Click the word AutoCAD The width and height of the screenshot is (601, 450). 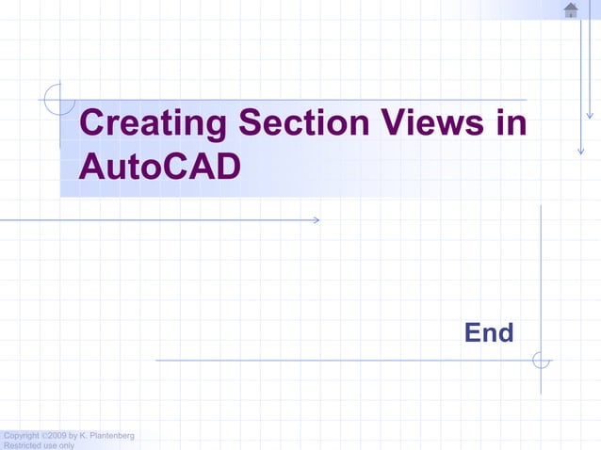(x=159, y=167)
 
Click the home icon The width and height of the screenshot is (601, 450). (x=571, y=9)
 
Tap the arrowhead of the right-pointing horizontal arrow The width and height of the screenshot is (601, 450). (x=316, y=220)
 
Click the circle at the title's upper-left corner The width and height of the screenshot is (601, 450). (x=58, y=97)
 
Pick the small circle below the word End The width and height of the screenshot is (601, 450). (x=541, y=360)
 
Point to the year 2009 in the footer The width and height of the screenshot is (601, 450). (x=56, y=435)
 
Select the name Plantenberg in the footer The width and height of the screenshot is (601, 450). (x=112, y=435)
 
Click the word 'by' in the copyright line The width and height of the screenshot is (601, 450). (x=73, y=435)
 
